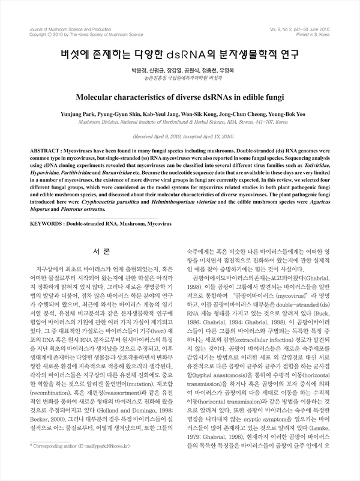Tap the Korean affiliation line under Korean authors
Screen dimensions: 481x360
179,79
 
